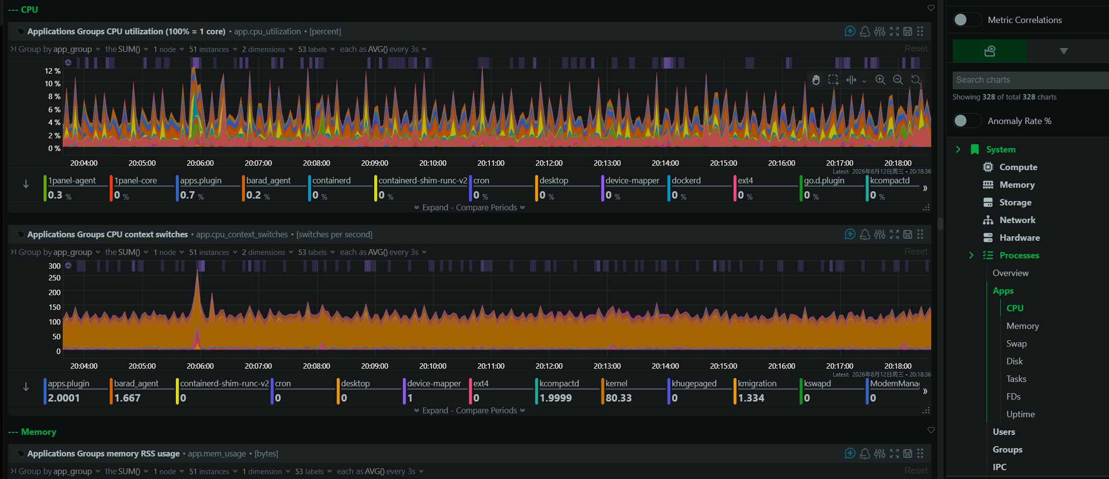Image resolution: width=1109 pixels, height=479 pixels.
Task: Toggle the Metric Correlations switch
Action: pyautogui.click(x=967, y=20)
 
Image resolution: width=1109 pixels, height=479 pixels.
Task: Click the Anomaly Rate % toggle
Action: pyautogui.click(x=967, y=121)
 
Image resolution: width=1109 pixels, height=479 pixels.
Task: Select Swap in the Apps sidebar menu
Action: pyautogui.click(x=1016, y=344)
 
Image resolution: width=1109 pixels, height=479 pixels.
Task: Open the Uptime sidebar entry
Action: pyautogui.click(x=1020, y=414)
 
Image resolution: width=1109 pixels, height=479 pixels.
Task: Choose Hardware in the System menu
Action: pyautogui.click(x=1019, y=238)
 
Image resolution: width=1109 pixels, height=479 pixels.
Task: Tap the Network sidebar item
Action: pyautogui.click(x=1017, y=220)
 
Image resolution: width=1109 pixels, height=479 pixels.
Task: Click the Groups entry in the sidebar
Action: pyautogui.click(x=1007, y=450)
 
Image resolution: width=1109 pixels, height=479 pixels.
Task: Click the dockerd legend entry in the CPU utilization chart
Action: pyautogui.click(x=686, y=180)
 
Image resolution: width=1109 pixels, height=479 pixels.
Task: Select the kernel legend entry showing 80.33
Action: pyautogui.click(x=618, y=391)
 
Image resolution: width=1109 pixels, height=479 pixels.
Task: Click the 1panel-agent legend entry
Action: pyautogui.click(x=72, y=180)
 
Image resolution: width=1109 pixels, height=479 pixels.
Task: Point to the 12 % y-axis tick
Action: pyautogui.click(x=53, y=71)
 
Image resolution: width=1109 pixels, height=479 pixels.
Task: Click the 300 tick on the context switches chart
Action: pyautogui.click(x=54, y=266)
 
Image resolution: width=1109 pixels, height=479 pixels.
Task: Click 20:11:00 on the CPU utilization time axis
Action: pyautogui.click(x=491, y=163)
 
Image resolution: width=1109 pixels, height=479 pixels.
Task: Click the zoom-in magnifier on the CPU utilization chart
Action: pyautogui.click(x=880, y=79)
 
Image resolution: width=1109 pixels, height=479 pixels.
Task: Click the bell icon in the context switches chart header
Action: pyautogui.click(x=865, y=234)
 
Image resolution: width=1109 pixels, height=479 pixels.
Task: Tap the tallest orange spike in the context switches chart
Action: pyautogui.click(x=197, y=271)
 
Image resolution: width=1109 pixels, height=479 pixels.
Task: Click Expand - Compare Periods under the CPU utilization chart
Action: pyautogui.click(x=469, y=207)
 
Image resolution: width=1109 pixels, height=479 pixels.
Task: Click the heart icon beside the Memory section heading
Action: pyautogui.click(x=931, y=430)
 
